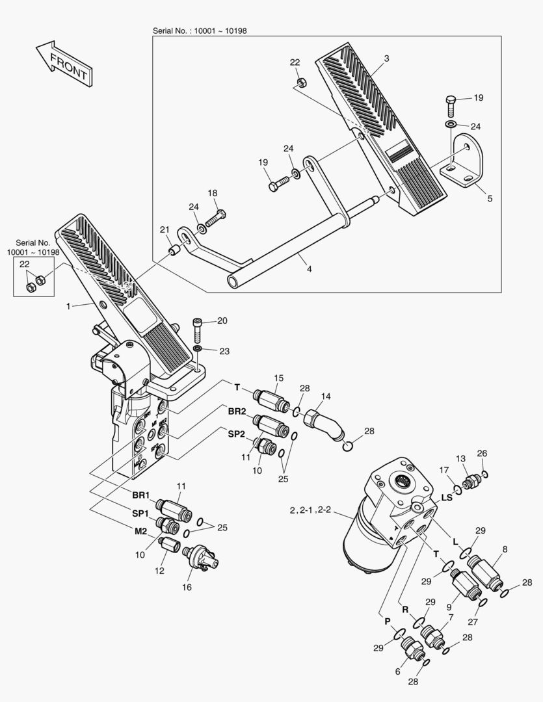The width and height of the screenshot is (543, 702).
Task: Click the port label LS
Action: coord(447,497)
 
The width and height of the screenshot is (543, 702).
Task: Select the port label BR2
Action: coord(237,411)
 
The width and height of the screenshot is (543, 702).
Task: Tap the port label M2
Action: coord(141,531)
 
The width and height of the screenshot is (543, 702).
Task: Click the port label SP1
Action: coord(141,513)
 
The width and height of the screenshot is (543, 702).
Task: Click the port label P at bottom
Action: coord(388,621)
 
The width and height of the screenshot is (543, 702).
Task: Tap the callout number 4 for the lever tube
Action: coord(308,268)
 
